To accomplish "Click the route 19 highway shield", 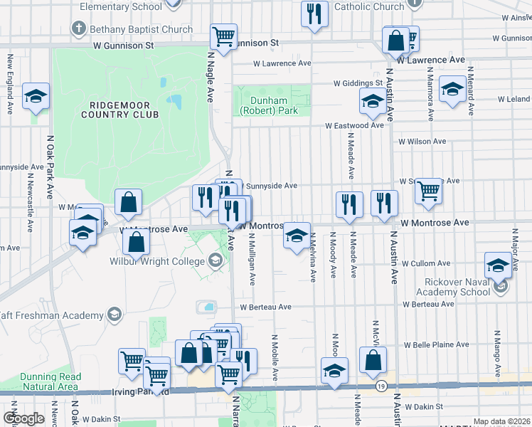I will tap(381, 386).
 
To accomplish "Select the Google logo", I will tap(24, 418).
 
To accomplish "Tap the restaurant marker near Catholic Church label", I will tap(314, 13).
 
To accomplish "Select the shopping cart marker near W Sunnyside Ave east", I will tap(428, 190).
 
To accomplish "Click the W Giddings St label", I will tap(360, 83).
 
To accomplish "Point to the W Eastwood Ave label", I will tap(354, 125).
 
